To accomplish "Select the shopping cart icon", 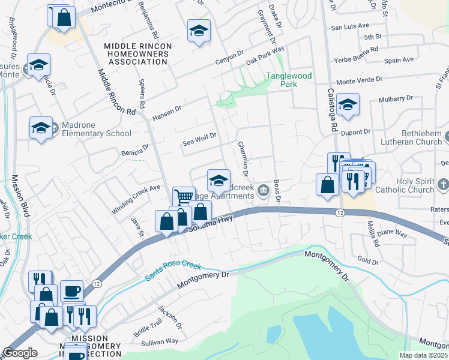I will tap(184, 196).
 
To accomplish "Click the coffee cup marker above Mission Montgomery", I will tap(71, 290).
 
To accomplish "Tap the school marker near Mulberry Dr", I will tap(348, 104).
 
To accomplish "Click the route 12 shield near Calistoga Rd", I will tap(340, 213).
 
